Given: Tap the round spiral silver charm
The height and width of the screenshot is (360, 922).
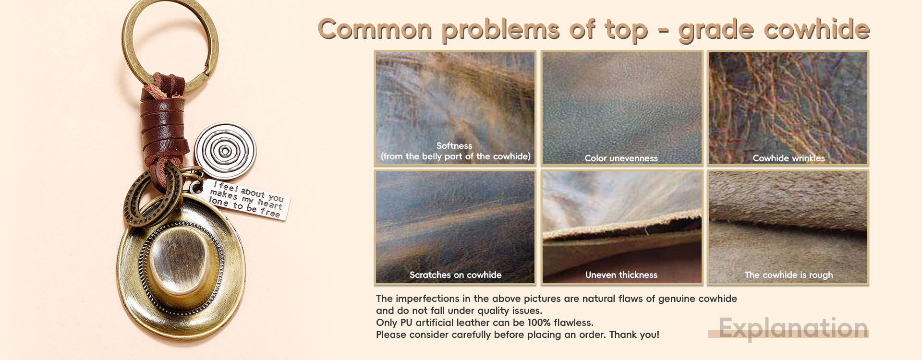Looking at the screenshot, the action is click(x=225, y=151).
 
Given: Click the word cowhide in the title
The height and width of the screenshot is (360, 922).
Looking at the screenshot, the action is click(x=816, y=29).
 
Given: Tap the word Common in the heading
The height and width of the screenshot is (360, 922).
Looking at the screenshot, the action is click(x=375, y=29).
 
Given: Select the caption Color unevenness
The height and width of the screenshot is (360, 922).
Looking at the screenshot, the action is click(x=621, y=158).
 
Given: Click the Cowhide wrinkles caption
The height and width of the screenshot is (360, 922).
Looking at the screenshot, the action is click(x=789, y=158).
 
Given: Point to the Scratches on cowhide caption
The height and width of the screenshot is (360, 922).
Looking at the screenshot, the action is click(x=455, y=275).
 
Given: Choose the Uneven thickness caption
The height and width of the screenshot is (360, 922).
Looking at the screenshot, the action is click(x=621, y=275).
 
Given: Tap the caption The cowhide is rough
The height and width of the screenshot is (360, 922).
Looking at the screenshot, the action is click(x=789, y=275).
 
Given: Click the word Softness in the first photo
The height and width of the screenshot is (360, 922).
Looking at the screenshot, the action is click(x=454, y=145).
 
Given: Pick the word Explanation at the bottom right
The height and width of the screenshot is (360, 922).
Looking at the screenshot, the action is click(x=793, y=328).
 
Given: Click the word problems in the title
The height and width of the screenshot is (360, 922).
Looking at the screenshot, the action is click(x=501, y=30).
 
